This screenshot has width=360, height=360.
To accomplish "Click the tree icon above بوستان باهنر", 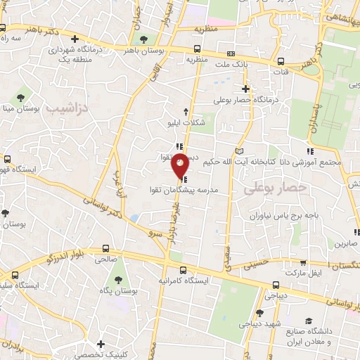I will tap(144, 39).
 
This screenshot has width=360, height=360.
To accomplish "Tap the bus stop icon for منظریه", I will tap(197, 49).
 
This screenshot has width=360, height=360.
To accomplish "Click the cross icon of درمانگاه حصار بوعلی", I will tap(245, 89).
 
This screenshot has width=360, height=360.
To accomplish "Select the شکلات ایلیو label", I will tap(186, 123).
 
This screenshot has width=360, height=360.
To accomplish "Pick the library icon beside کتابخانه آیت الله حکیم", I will tap(240, 151).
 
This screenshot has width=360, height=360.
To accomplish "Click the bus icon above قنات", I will tap(281, 60).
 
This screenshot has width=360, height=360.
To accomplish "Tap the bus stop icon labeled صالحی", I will tap(105, 248).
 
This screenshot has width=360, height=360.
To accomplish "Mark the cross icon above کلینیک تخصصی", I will tap(103, 345).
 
